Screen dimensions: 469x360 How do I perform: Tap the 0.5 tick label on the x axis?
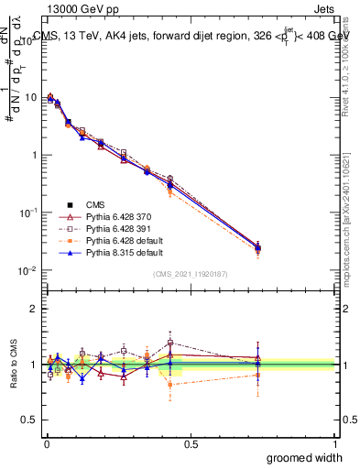tap(190, 443)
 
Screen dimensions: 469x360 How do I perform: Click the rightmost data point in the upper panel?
tap(258, 247)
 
